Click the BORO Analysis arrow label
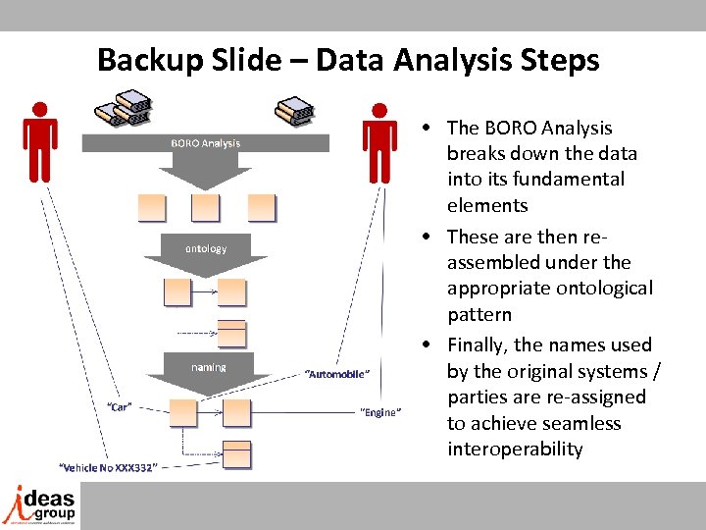(x=205, y=143)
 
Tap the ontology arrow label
(x=206, y=248)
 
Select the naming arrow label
(x=208, y=367)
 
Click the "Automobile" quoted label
(x=336, y=374)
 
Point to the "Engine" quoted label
(x=380, y=412)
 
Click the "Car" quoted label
(x=120, y=405)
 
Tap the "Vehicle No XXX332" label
(x=107, y=467)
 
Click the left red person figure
(x=39, y=143)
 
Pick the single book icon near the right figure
(x=294, y=110)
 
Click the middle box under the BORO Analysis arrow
(x=206, y=207)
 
